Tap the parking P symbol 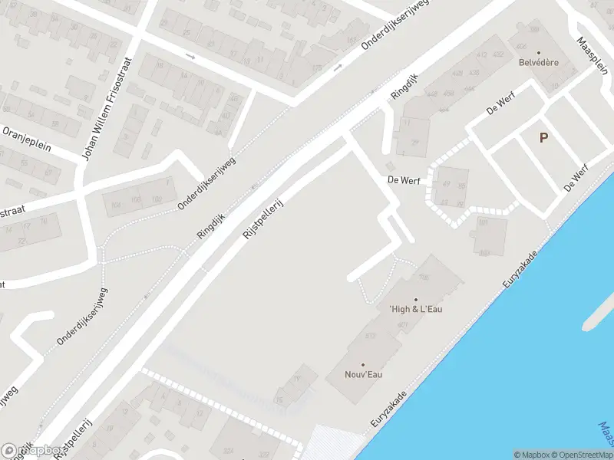coord(543,138)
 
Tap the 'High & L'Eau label coord(417,309)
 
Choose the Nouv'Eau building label coord(363,374)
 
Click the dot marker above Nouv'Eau coord(363,365)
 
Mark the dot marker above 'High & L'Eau coord(417,299)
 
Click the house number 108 coord(424,277)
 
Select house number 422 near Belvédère coord(499,54)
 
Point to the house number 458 coord(448,93)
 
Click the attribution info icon coord(517,455)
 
